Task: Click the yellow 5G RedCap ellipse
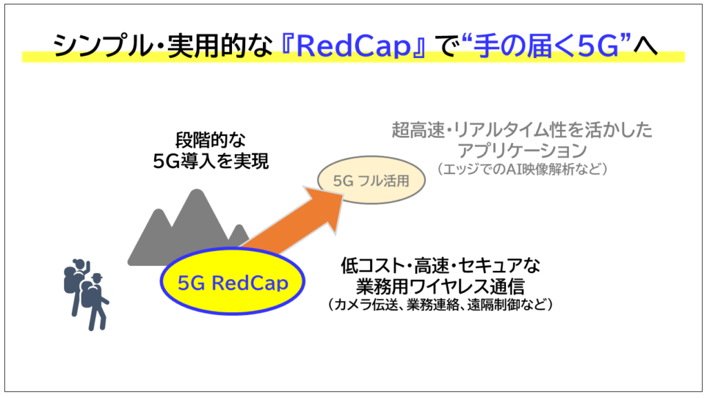[233, 281]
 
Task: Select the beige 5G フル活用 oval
[371, 180]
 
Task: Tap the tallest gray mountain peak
[197, 192]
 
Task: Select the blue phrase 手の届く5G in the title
[546, 46]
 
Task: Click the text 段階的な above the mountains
[211, 140]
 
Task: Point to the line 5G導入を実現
[211, 161]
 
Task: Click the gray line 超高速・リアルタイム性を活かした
[522, 130]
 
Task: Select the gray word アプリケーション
[522, 150]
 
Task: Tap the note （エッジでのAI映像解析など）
[522, 169]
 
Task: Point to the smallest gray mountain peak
[240, 227]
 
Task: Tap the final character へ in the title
[646, 47]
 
